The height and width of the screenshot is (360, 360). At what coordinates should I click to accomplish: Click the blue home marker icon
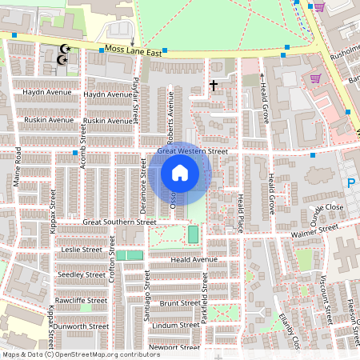180,173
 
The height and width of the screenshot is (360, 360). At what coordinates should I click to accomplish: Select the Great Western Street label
193,151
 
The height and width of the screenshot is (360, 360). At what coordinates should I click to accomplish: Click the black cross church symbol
214,84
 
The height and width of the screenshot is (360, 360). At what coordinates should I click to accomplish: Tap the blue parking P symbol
350,184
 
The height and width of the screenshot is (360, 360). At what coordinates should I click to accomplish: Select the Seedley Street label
82,274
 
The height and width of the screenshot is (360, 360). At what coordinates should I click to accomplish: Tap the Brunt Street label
179,303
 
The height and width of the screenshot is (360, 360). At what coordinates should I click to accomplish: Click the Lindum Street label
176,325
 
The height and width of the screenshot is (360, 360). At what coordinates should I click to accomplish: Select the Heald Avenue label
194,260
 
